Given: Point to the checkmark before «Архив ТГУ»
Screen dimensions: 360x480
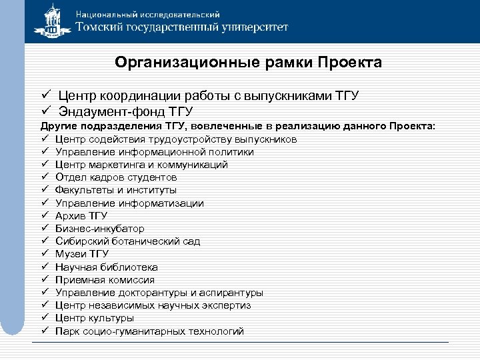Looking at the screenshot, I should (x=43, y=216).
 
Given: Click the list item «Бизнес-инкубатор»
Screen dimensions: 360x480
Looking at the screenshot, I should (x=99, y=229).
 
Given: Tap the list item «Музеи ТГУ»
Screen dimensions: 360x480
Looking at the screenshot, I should (x=82, y=254).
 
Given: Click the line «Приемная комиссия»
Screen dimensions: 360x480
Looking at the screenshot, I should (x=105, y=280).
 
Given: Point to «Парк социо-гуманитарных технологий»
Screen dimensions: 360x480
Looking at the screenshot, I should (x=149, y=331).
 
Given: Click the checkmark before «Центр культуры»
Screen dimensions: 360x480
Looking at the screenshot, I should (x=43, y=318).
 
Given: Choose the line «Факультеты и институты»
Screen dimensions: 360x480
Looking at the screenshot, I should (x=115, y=190).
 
